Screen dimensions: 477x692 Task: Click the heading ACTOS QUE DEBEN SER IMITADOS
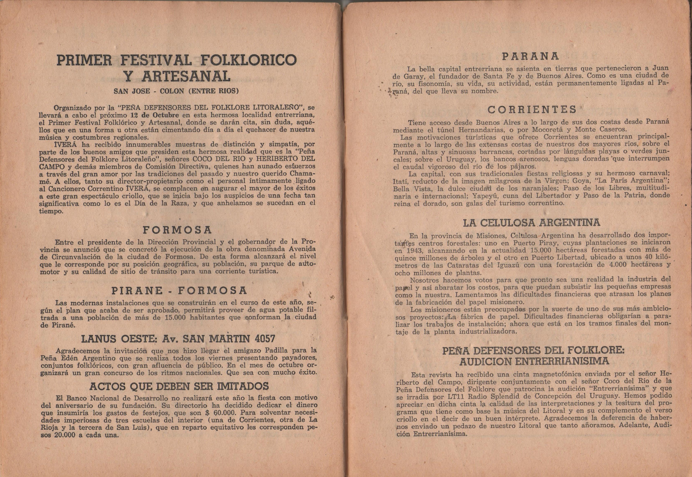tap(179, 386)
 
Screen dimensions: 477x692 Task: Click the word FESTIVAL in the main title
tap(155, 60)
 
